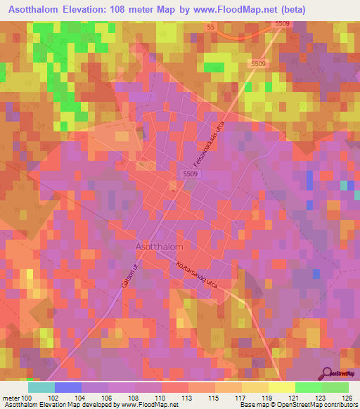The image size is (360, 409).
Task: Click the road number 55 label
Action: (210, 27)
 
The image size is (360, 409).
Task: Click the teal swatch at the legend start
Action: (41, 387)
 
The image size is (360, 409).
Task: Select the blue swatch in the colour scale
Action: (67, 387)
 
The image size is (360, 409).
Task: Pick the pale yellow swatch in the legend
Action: (281, 387)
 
